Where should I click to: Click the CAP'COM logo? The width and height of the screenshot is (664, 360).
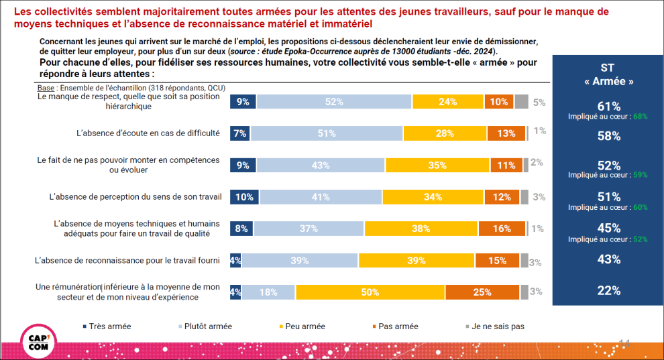click(x=39, y=341)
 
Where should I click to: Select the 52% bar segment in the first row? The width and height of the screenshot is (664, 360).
click(x=334, y=102)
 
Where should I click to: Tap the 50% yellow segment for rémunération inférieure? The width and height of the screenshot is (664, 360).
click(x=370, y=292)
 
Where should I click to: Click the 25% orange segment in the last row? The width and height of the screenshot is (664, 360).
click(x=482, y=292)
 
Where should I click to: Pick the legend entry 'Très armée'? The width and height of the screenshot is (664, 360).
click(x=107, y=326)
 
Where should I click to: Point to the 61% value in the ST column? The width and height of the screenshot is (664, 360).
click(x=608, y=105)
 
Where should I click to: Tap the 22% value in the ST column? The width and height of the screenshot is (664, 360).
click(x=608, y=291)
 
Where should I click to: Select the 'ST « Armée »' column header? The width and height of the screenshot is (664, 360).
click(x=608, y=74)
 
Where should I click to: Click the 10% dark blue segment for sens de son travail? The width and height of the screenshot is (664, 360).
click(x=245, y=197)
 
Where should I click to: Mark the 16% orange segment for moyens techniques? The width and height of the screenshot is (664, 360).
click(x=502, y=229)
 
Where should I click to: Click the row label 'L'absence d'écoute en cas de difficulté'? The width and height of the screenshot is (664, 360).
click(x=148, y=133)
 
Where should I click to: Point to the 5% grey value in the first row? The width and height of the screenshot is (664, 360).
click(x=538, y=103)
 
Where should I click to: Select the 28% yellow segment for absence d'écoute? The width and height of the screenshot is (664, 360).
click(x=445, y=133)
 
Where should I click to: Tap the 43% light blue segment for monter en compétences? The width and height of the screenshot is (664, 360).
click(x=321, y=165)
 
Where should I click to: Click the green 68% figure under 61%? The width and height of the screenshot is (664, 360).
click(x=640, y=117)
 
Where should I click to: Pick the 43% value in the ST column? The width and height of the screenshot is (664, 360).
click(x=608, y=259)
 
